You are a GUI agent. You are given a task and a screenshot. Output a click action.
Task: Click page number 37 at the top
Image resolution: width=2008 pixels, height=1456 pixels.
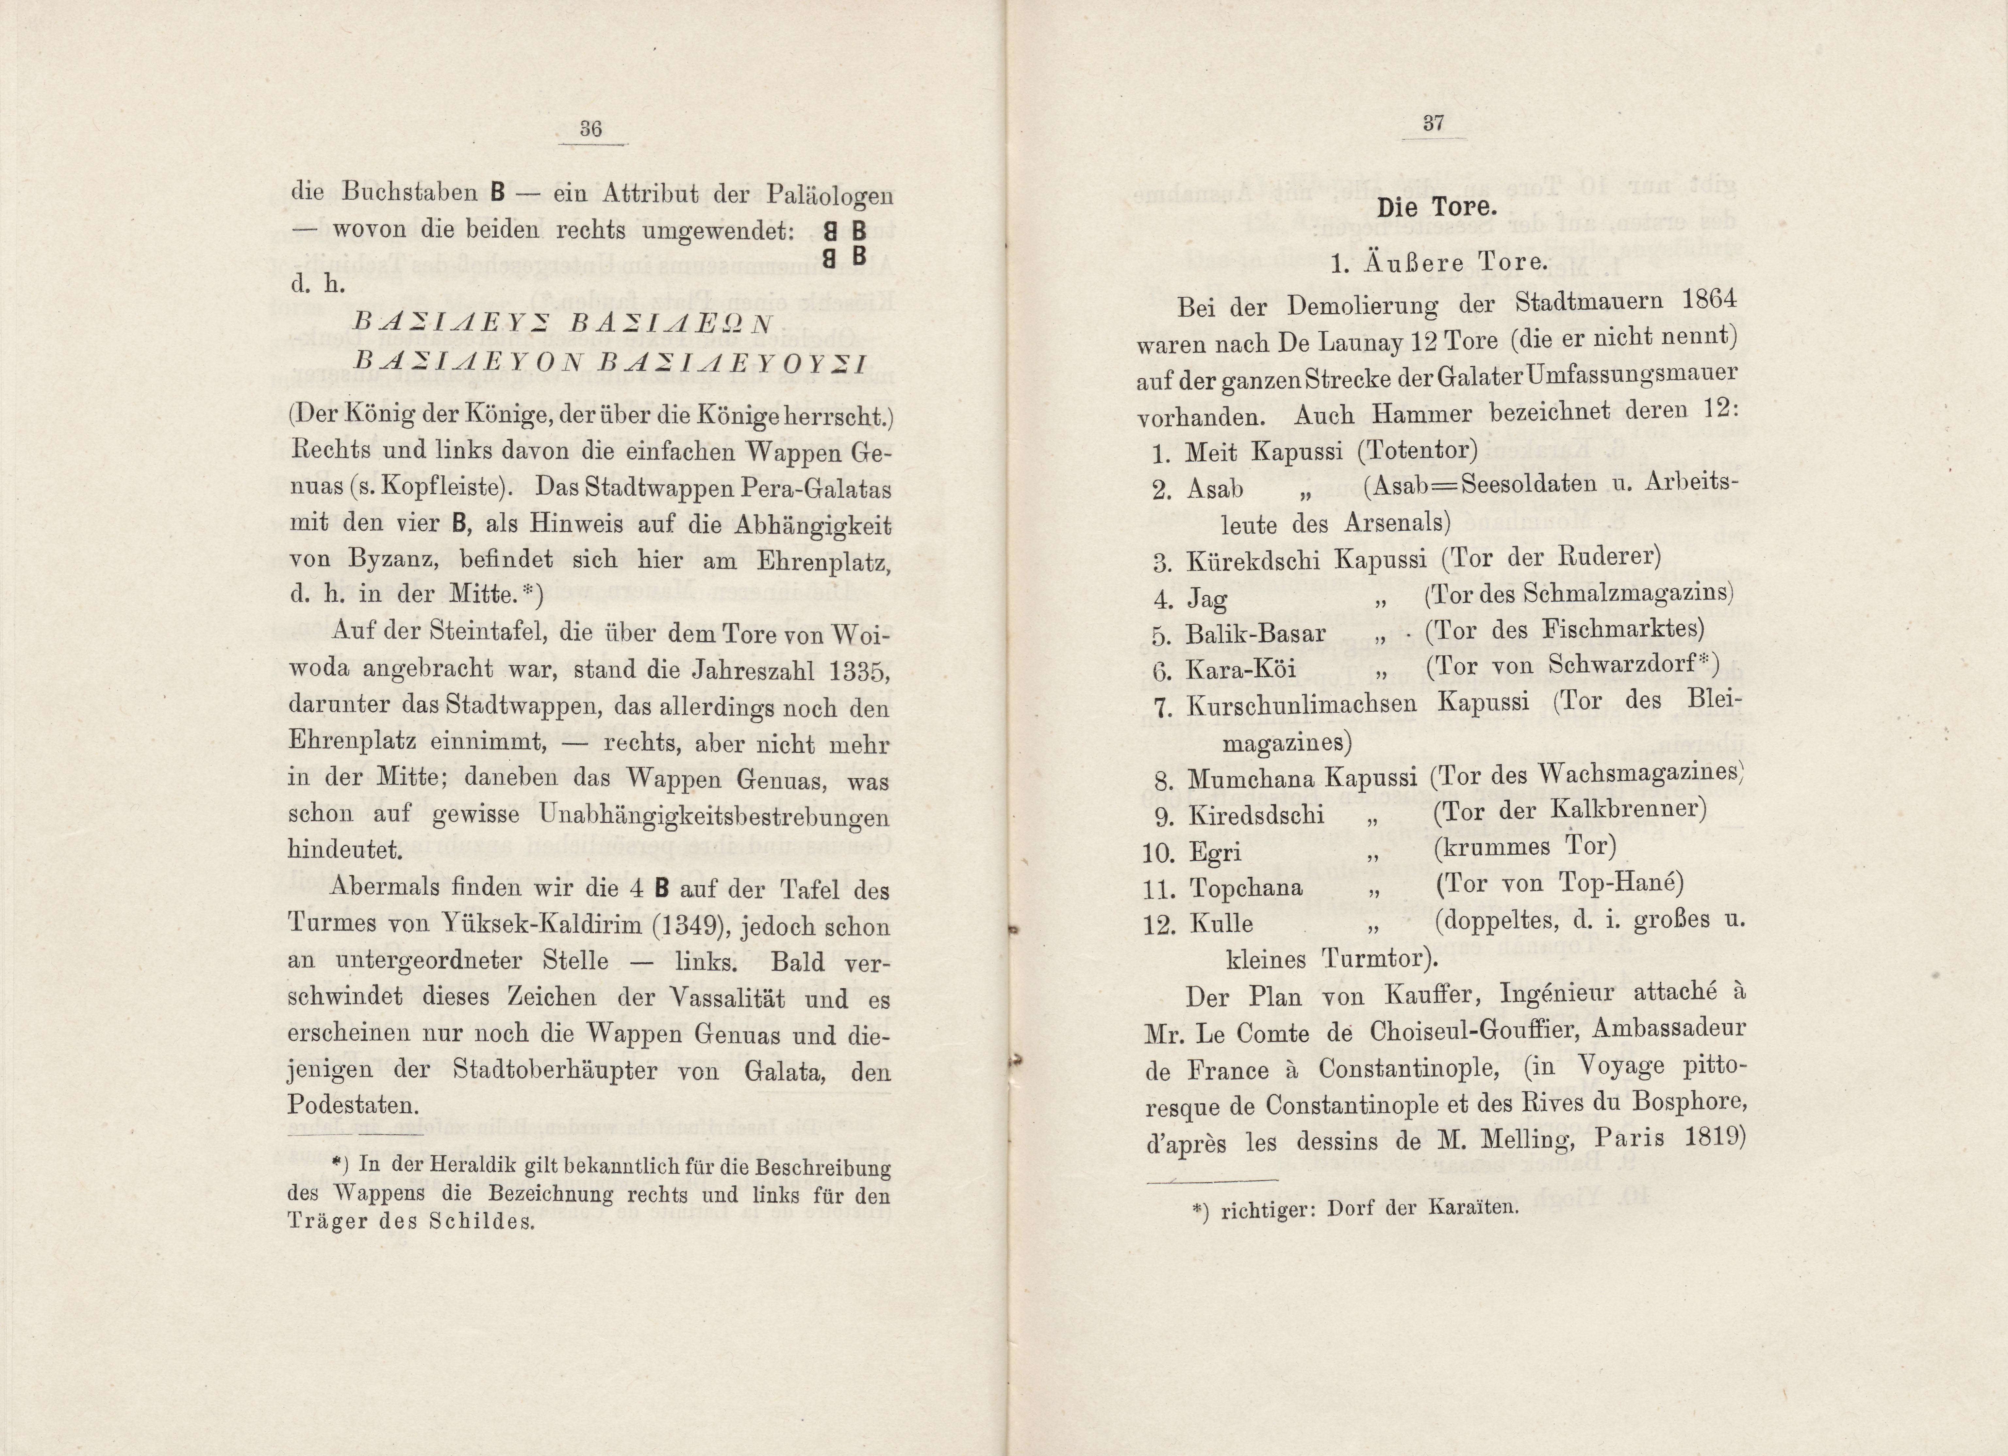coord(1434,123)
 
